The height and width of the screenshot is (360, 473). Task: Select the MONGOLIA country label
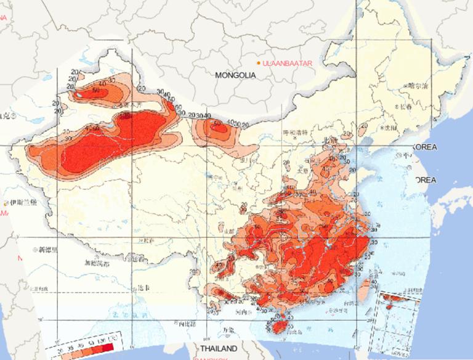[x=235, y=75]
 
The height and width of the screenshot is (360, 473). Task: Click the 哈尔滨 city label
[x=418, y=86]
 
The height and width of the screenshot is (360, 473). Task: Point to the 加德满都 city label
[x=97, y=263]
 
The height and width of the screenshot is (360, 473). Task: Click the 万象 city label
[x=228, y=329]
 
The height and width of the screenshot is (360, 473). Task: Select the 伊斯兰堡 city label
[x=25, y=202]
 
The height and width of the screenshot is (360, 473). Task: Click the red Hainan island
[x=280, y=323]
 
